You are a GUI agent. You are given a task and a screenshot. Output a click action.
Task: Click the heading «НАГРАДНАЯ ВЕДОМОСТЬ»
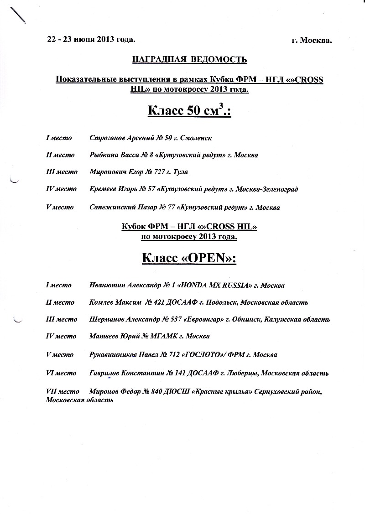tap(189, 60)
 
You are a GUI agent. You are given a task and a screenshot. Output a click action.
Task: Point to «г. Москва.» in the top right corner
tap(312, 40)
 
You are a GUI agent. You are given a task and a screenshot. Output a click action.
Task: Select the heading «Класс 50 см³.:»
tap(189, 111)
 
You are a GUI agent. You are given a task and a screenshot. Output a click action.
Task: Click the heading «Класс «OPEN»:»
tap(189, 259)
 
